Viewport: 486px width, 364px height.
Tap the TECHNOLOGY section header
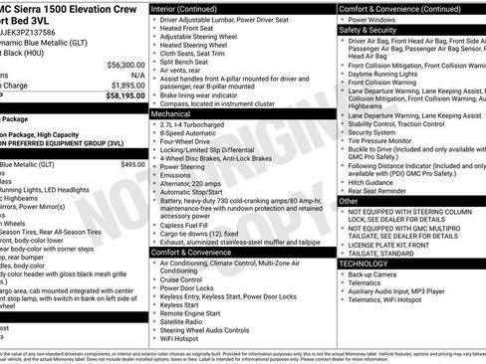[x=363, y=264]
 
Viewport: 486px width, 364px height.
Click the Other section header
[x=349, y=201]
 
